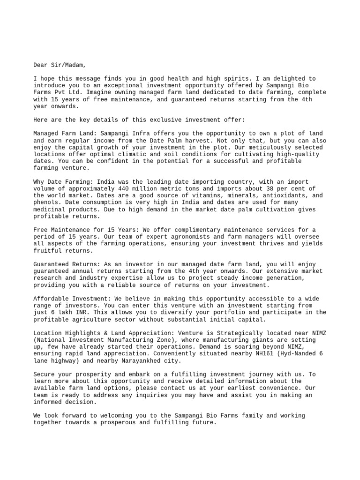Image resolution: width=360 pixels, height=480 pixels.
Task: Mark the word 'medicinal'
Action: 51,209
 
